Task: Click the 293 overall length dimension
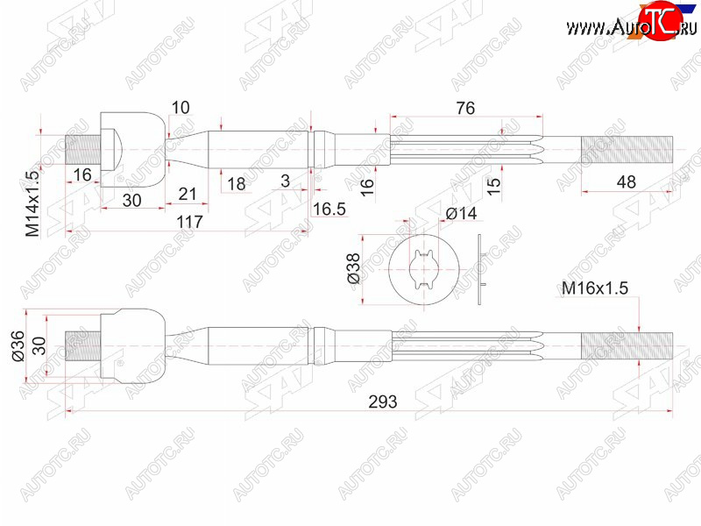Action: [383, 402]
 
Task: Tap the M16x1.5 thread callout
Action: [595, 288]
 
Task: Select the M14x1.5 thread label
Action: [32, 203]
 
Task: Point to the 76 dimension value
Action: [465, 108]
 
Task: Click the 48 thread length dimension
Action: [626, 182]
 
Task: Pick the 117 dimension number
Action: [189, 222]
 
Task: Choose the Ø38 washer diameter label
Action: [353, 268]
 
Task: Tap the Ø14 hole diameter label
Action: [462, 213]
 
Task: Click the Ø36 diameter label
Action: [18, 346]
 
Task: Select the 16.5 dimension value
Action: [329, 209]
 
